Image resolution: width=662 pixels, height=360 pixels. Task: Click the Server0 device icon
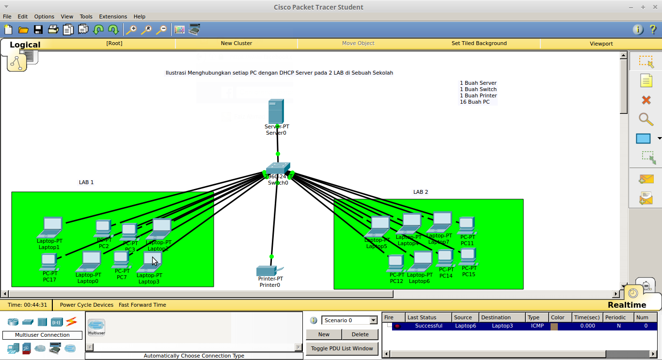pos(276,111)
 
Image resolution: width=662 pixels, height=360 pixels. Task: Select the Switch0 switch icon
pos(278,169)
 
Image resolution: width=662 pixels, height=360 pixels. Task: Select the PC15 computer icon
pos(468,256)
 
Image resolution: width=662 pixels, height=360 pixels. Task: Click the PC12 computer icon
pos(396,263)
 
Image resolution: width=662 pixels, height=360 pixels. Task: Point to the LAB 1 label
pos(86,183)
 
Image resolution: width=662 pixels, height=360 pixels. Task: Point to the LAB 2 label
pos(421,192)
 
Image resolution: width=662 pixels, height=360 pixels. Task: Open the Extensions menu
pos(113,16)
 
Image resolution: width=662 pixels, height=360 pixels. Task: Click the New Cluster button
pos(236,44)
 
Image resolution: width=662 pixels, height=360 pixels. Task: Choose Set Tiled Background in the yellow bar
pos(479,44)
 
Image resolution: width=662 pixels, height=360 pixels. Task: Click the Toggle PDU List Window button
pos(342,348)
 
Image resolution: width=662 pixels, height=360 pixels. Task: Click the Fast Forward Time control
pos(142,305)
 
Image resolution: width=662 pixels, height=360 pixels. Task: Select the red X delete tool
pos(646,100)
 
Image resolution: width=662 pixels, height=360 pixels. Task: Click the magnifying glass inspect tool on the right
pos(646,119)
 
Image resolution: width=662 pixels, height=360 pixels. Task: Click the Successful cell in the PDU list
pos(428,326)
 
